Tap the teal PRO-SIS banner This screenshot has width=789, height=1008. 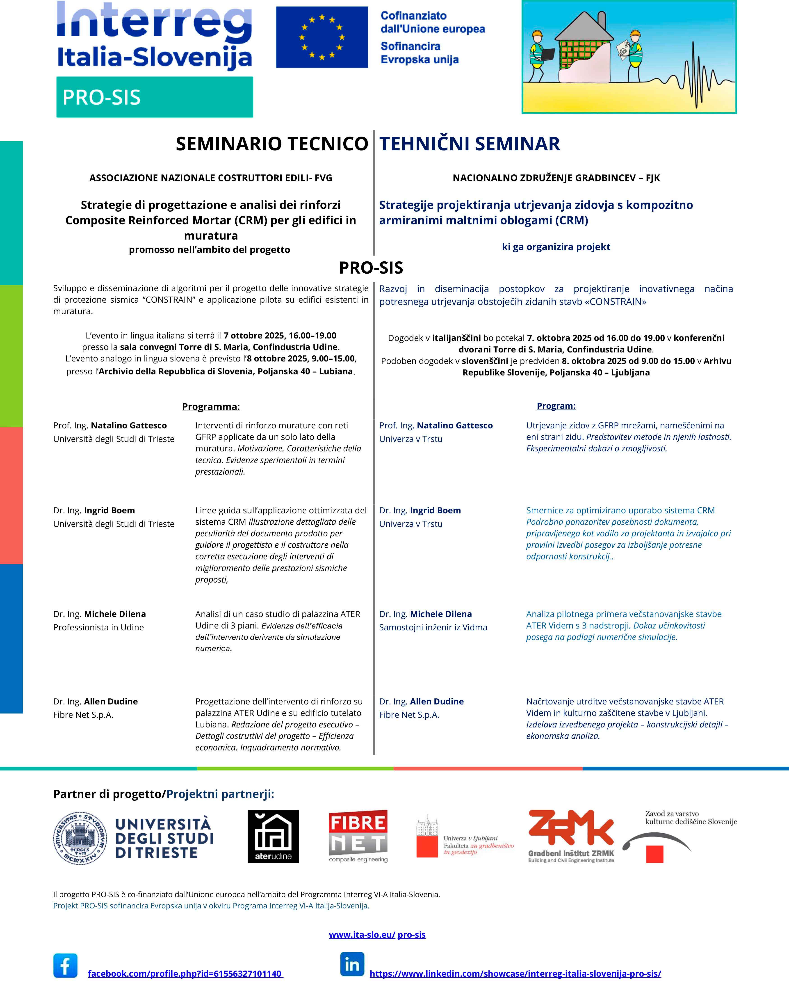(x=154, y=97)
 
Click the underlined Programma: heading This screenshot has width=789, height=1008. (x=211, y=407)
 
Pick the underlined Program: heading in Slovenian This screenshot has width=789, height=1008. (x=556, y=406)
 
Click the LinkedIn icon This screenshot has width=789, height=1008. (x=352, y=964)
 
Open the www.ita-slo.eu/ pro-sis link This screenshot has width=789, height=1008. (x=377, y=935)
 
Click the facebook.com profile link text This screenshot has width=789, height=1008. (x=185, y=973)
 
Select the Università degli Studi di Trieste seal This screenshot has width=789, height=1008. (x=80, y=839)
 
